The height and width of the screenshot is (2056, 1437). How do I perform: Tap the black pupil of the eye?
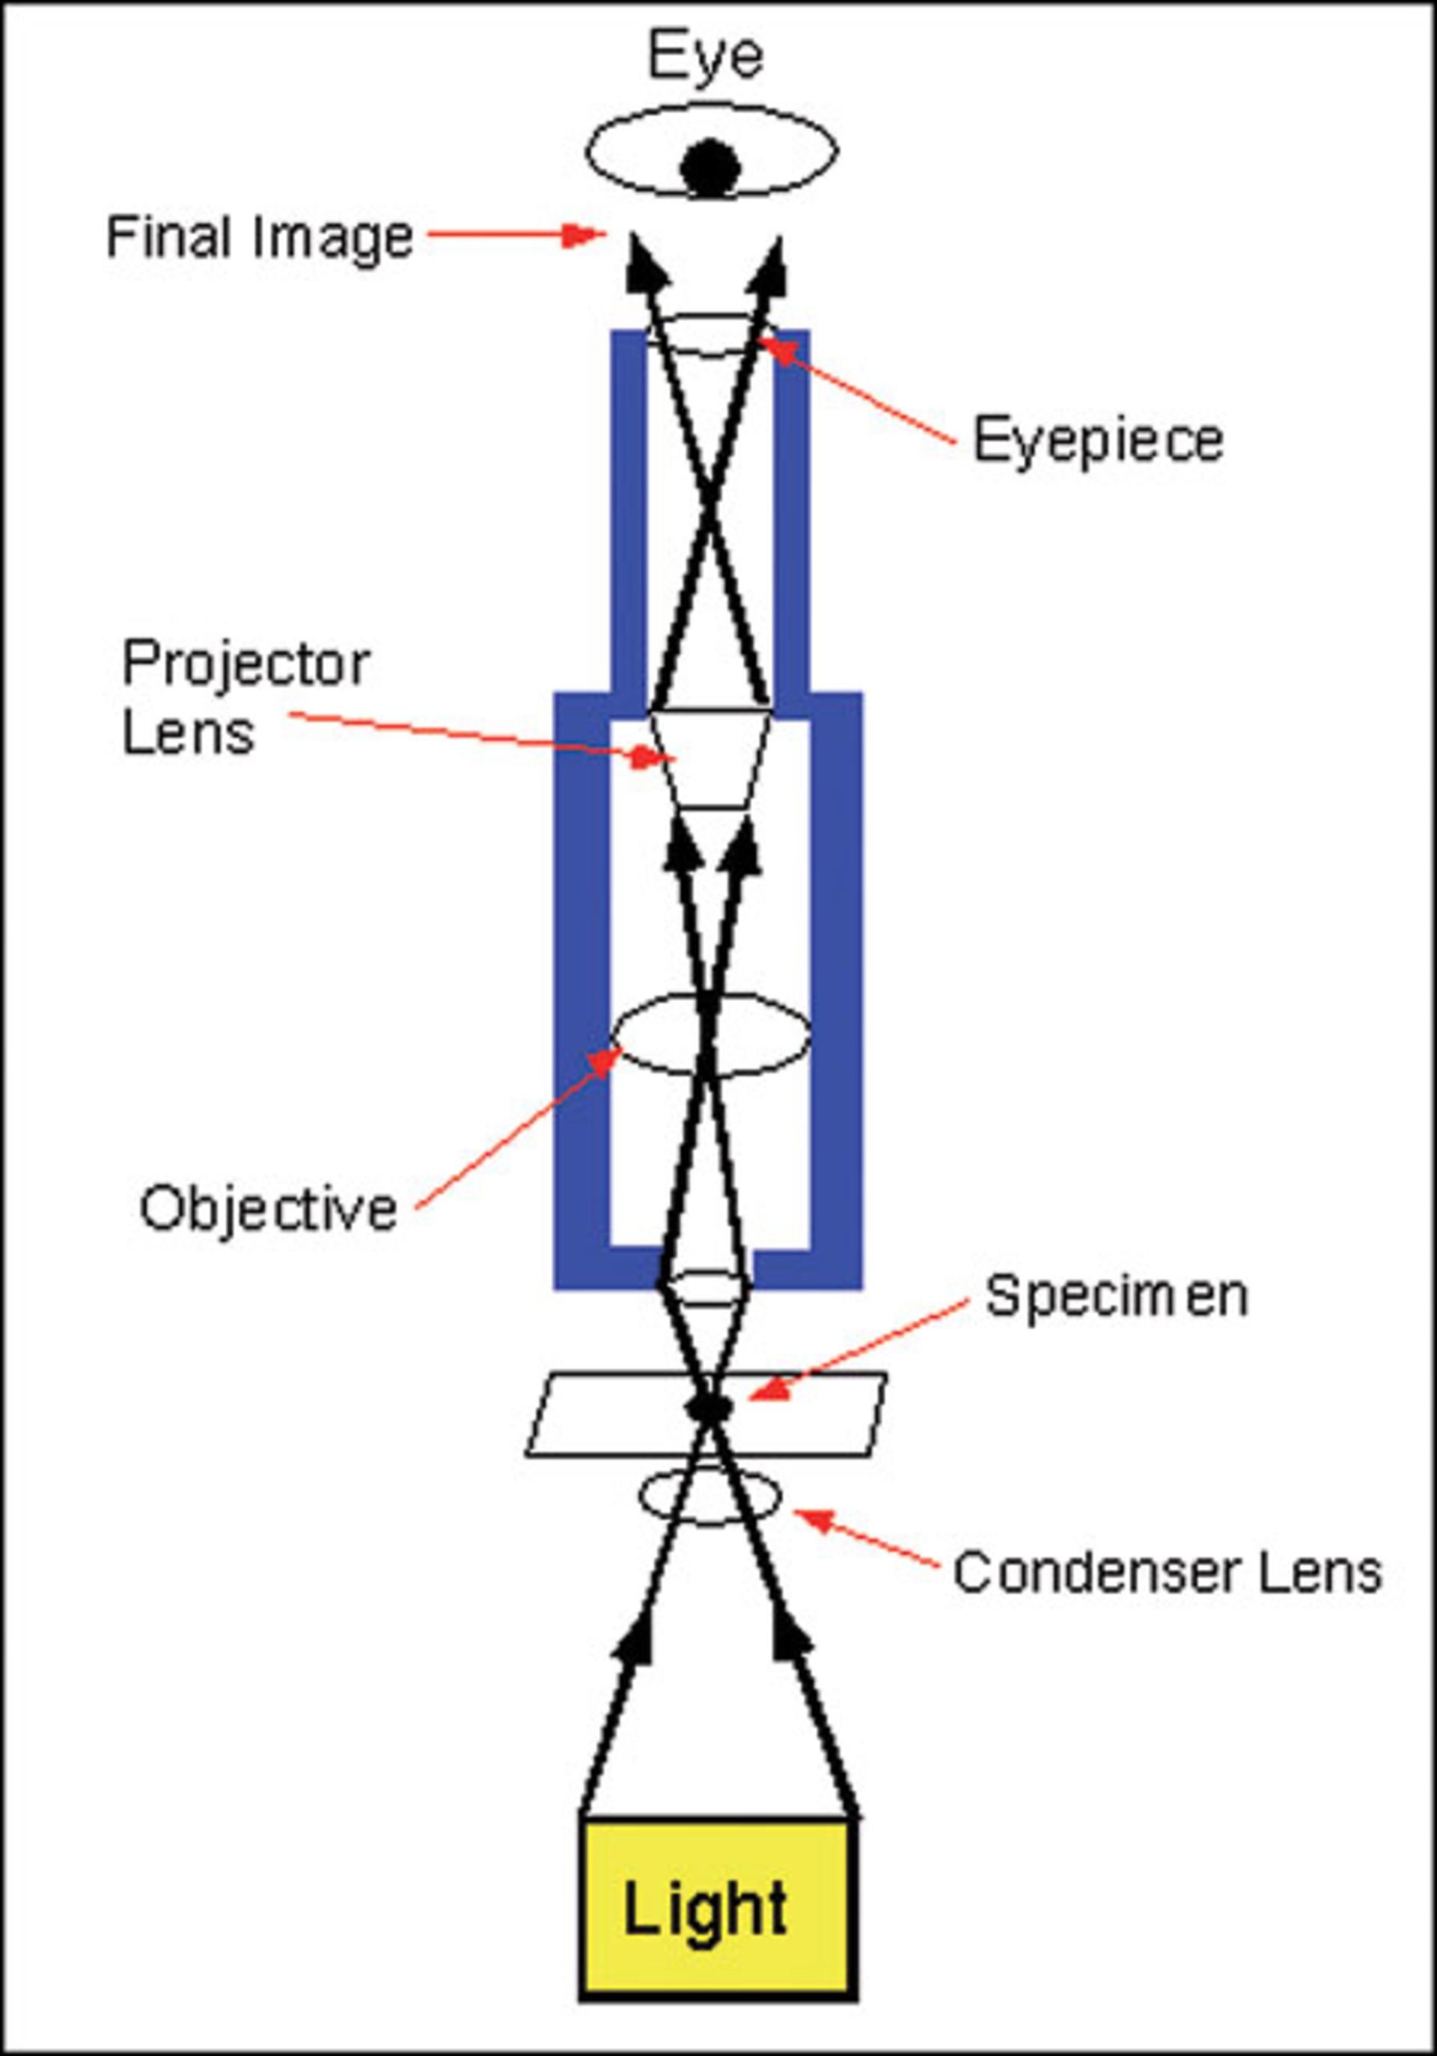[x=710, y=167]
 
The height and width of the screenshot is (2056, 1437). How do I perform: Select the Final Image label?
[x=260, y=238]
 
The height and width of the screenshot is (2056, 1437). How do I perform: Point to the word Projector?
[x=246, y=665]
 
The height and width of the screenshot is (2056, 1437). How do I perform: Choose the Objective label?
[x=268, y=1209]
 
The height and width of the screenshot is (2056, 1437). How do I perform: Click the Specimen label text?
[x=1116, y=1296]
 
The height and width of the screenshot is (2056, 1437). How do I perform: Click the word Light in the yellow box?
[x=705, y=1910]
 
